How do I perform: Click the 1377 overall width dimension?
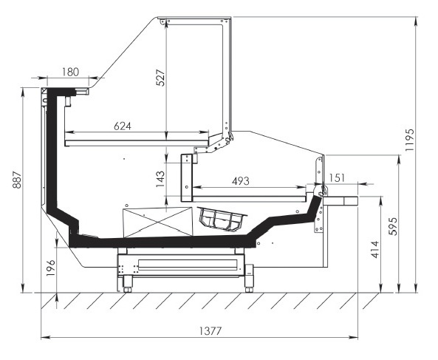[211, 331]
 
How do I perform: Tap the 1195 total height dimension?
[410, 140]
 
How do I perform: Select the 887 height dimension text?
[17, 180]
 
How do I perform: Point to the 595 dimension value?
[393, 226]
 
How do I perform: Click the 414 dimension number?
[376, 249]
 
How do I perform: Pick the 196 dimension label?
[50, 268]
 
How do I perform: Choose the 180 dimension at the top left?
[70, 72]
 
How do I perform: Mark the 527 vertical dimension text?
[160, 78]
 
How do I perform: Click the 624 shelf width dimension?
[123, 126]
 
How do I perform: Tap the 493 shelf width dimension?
[241, 181]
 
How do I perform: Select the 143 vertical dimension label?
[160, 179]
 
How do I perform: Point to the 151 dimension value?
[337, 178]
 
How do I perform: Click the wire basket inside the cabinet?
[222, 220]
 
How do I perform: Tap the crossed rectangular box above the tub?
[158, 223]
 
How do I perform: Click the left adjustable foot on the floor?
[127, 284]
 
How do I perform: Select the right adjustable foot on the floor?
[249, 284]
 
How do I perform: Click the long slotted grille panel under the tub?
[188, 265]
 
